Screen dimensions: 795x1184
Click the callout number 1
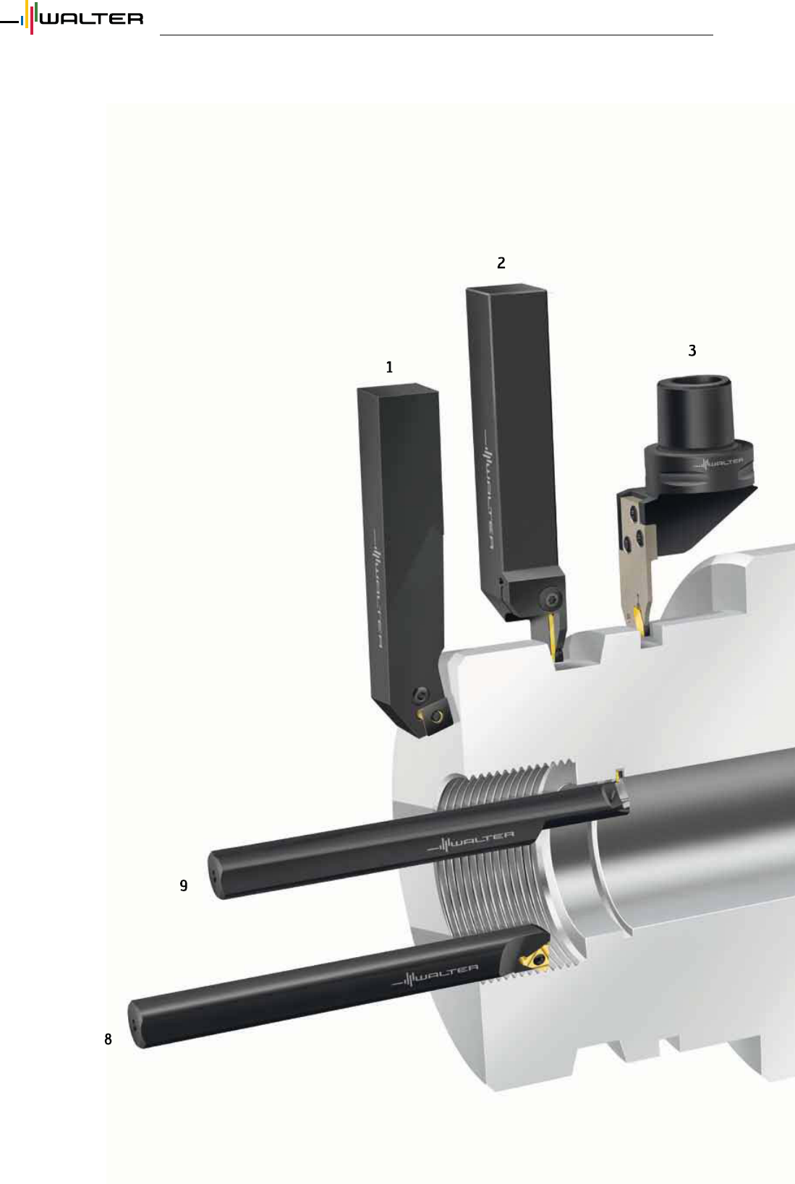389,366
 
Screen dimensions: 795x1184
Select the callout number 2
501,262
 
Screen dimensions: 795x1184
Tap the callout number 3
692,351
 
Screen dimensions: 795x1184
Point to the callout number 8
108,1039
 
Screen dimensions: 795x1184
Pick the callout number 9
184,885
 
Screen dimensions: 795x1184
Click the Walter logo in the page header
72,18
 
